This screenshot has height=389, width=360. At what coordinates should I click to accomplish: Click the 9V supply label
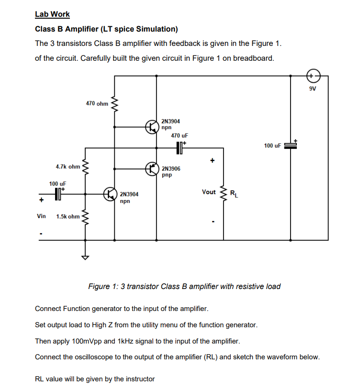pos(313,89)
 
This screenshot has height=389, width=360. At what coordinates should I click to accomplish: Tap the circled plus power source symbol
pos(312,76)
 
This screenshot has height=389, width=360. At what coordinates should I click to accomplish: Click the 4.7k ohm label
pos(67,167)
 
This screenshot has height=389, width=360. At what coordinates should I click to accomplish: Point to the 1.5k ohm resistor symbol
pos(86,217)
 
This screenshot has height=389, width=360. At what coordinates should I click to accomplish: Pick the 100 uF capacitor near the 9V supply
pos(291,145)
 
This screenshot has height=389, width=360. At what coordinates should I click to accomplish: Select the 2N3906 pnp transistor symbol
pos(152,168)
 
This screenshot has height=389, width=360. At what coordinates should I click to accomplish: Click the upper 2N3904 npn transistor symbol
pos(152,127)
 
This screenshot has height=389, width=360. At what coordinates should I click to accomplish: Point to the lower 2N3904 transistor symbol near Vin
pos(110,194)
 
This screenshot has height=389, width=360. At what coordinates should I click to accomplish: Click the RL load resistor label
pos(233,194)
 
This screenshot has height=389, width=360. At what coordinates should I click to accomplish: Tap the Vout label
pos(209,192)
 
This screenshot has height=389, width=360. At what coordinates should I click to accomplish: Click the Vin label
pos(42,216)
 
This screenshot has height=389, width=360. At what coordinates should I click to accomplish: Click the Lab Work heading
pos(52,14)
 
